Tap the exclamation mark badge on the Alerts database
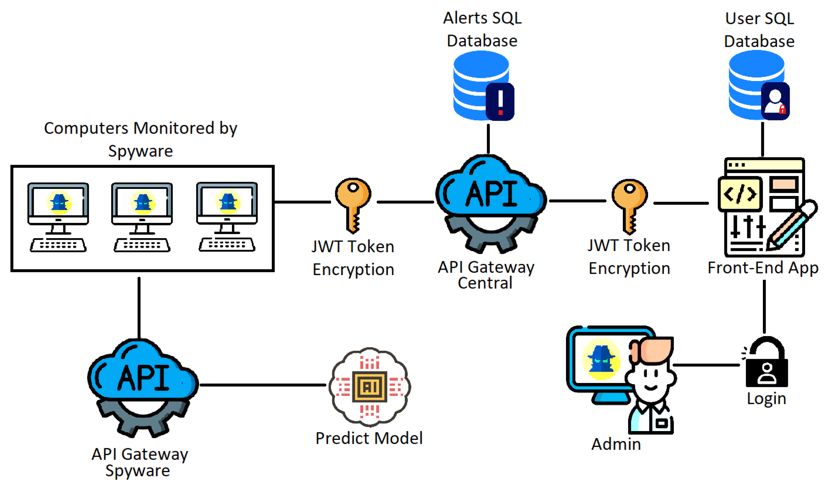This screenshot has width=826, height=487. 500,102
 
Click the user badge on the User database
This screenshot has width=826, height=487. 775,101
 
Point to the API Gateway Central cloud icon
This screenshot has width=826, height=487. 491,203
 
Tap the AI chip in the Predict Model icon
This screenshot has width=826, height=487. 370,387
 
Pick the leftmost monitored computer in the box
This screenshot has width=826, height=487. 58,217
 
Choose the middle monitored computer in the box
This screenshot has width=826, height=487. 142,217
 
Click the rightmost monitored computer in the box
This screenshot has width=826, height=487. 227,217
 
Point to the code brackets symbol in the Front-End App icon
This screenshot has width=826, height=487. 740,194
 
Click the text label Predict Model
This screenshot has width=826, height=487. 369,438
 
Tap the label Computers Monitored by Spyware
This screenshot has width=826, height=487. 140,139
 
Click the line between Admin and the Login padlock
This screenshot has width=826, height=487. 706,365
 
